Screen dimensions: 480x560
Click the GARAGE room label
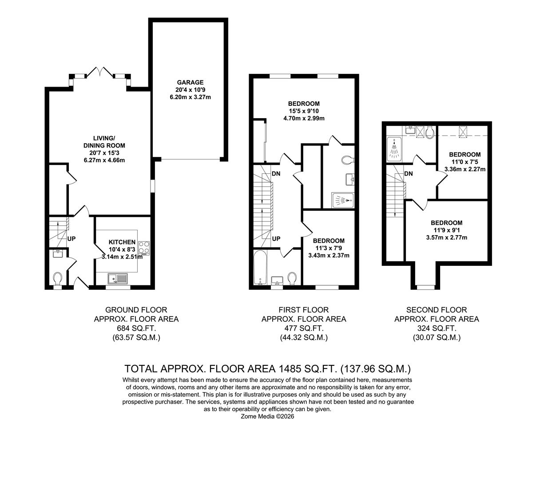click(x=190, y=82)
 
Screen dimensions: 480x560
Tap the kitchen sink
click(x=117, y=279)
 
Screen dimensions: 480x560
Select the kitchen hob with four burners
click(x=144, y=248)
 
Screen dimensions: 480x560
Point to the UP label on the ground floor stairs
click(x=71, y=239)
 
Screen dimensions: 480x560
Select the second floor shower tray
click(x=394, y=149)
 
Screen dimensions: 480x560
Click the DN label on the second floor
click(x=409, y=173)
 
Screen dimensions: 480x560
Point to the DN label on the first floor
click(x=276, y=173)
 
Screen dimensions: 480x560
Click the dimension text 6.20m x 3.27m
click(x=190, y=97)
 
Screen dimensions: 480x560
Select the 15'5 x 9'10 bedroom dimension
click(x=304, y=111)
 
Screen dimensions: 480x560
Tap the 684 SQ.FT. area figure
click(x=136, y=328)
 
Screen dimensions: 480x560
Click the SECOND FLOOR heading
click(x=437, y=310)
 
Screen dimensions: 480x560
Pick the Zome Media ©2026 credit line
click(x=267, y=416)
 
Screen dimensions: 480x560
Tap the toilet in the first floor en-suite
click(x=346, y=160)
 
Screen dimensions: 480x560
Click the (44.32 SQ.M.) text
click(x=304, y=337)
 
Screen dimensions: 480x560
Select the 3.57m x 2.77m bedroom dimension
click(x=446, y=237)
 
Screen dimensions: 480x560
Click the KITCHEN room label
click(x=122, y=242)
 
